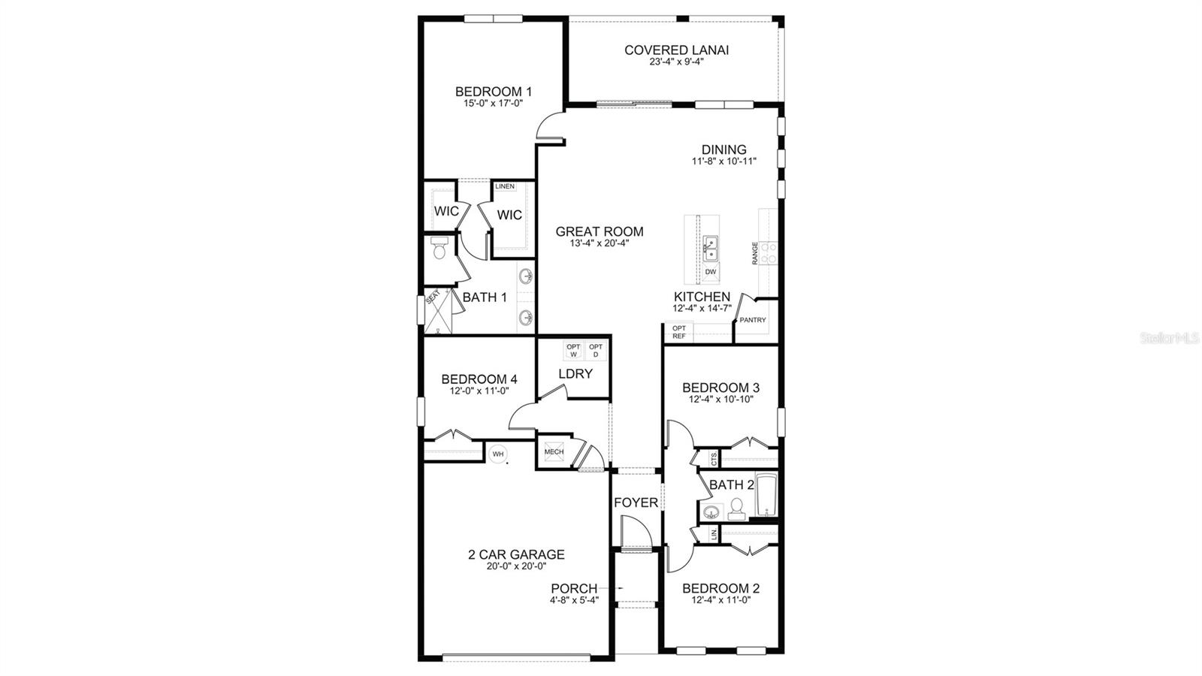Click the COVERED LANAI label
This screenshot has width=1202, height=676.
point(676,50)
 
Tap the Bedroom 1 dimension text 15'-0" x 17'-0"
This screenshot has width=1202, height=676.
point(493,104)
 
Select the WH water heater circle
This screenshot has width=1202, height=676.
point(497,454)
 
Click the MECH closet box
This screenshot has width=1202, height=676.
point(554,452)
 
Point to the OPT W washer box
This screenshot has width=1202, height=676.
point(573,350)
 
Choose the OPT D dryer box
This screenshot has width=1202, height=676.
point(596,350)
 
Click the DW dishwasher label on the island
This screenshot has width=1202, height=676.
point(710,272)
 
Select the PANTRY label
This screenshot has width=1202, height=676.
point(753,320)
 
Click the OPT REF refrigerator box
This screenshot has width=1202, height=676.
point(678,332)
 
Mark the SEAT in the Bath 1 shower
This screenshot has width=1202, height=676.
point(432,297)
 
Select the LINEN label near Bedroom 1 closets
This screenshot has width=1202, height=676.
point(505,186)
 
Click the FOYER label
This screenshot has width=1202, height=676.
point(636,502)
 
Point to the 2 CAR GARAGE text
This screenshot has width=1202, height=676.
point(515,555)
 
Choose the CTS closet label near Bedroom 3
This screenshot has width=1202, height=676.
point(713,457)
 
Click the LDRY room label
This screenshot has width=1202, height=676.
point(575,373)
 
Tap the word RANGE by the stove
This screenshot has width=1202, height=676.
point(755,253)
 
